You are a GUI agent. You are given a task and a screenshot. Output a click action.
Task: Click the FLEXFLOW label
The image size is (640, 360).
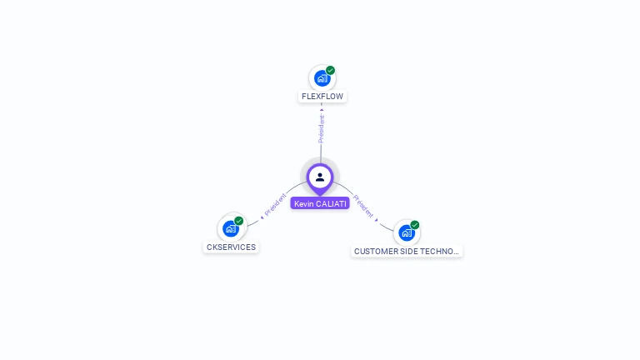click(322, 96)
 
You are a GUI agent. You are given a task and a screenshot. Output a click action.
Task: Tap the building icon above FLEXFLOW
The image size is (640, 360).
click(322, 78)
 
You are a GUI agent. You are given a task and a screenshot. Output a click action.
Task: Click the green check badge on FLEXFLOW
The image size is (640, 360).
click(331, 71)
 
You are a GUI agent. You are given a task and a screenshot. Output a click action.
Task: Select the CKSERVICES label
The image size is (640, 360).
click(231, 247)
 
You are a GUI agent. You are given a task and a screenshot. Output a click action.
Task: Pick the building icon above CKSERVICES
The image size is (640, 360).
click(231, 228)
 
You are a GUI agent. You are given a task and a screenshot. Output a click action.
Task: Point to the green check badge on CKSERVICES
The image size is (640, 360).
click(239, 221)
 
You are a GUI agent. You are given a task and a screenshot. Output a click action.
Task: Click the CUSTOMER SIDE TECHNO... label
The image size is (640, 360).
click(406, 251)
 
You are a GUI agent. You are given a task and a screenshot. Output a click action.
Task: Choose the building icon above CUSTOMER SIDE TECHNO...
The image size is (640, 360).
click(406, 232)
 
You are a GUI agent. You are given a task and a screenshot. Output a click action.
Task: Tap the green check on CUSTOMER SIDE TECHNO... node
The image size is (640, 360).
click(415, 225)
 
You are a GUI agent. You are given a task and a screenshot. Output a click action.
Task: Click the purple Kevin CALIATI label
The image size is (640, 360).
click(320, 203)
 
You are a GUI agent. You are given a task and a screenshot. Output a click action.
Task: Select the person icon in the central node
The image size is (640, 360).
click(320, 177)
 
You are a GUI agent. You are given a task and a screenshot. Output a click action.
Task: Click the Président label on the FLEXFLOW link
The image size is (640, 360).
click(322, 128)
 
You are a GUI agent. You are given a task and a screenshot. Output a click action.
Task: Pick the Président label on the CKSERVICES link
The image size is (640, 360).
click(275, 207)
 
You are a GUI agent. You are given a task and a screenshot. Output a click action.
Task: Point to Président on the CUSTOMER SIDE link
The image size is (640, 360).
click(364, 206)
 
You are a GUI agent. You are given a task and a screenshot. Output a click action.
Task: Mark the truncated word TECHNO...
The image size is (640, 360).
click(442, 251)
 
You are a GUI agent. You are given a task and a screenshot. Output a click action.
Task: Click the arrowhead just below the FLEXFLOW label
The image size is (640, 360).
click(322, 108)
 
